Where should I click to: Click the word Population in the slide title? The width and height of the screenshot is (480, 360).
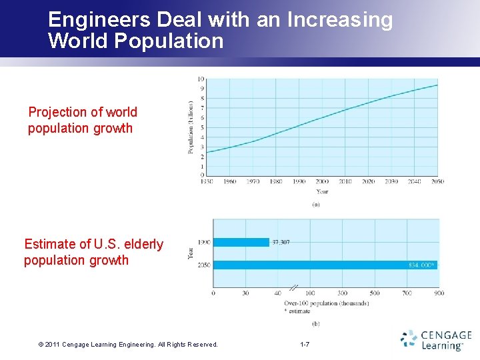click(x=169, y=41)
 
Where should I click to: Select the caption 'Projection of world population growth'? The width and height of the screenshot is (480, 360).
click(x=82, y=120)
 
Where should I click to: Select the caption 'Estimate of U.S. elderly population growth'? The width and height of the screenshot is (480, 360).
click(x=93, y=253)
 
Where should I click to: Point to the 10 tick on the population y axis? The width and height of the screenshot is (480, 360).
click(x=201, y=79)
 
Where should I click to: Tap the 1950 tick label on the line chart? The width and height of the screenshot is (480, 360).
click(x=207, y=181)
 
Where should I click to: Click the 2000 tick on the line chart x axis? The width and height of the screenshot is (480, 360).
click(x=322, y=181)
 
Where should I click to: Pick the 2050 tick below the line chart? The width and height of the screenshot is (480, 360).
click(x=437, y=181)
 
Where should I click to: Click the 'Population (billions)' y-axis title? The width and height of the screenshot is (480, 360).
click(x=191, y=127)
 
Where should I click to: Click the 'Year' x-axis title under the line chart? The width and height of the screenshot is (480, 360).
click(x=322, y=191)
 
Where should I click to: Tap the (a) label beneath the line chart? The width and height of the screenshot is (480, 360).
click(x=316, y=204)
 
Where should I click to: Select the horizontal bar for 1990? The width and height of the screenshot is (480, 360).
click(x=241, y=242)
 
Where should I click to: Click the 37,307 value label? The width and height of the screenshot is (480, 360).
click(x=280, y=242)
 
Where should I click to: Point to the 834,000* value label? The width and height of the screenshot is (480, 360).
click(x=421, y=265)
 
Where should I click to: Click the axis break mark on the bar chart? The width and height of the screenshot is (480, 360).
click(x=294, y=288)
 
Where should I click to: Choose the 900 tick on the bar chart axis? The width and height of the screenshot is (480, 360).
click(x=439, y=293)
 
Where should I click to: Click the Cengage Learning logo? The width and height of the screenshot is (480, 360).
click(x=437, y=339)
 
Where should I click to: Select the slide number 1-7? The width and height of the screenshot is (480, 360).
click(x=304, y=345)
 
